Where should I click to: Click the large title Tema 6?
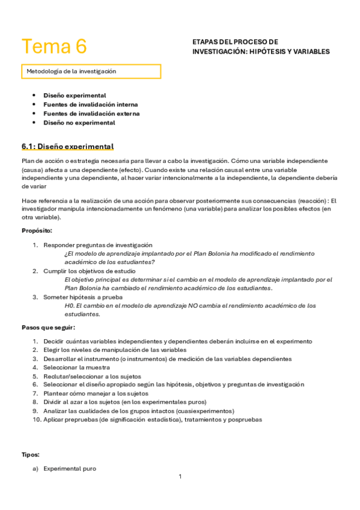point(54,46)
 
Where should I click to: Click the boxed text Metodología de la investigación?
point(71,71)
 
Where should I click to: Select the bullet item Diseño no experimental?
point(79,123)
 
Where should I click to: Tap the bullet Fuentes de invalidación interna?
point(90,104)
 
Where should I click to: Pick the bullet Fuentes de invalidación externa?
point(91,113)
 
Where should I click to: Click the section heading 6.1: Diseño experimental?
point(67,147)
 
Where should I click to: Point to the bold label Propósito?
point(37,230)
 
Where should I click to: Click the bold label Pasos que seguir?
point(49,328)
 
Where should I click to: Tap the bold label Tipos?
point(31,455)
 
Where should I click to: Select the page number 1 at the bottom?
point(180,476)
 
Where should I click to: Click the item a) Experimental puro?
point(69,469)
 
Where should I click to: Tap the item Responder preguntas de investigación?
point(97,245)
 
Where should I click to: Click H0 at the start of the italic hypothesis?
point(69,306)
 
